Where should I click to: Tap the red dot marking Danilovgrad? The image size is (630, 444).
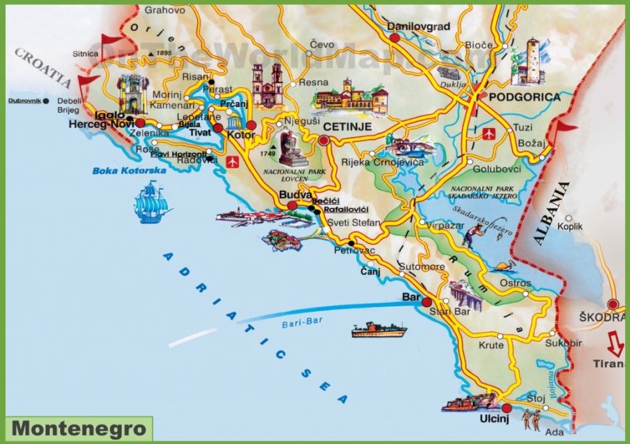[x=395, y=39]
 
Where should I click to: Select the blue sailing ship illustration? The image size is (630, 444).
[x=153, y=202]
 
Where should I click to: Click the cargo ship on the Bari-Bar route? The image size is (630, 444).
[x=379, y=329]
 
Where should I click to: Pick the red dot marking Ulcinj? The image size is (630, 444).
[x=506, y=408]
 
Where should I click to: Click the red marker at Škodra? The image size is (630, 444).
[x=613, y=304]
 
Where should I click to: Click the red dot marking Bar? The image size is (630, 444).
[x=426, y=301]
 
